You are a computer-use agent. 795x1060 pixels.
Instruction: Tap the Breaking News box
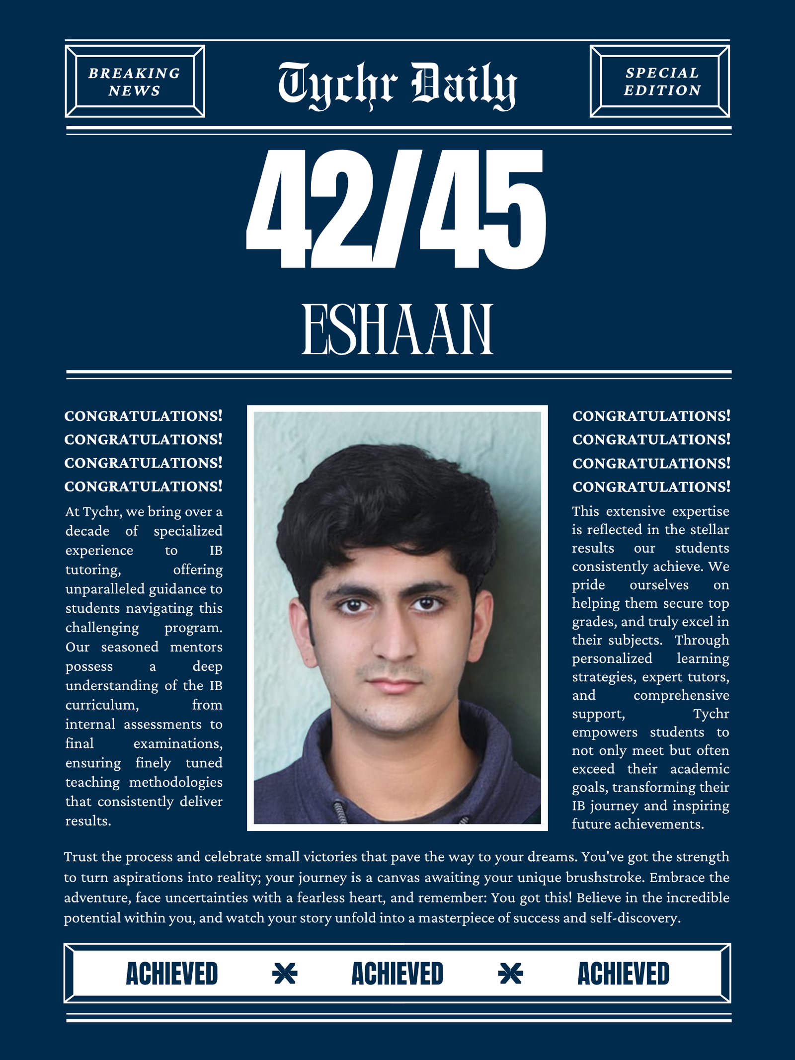coord(135,82)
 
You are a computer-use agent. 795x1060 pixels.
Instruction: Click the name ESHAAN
coord(397,330)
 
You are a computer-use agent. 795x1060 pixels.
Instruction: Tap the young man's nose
coord(394,641)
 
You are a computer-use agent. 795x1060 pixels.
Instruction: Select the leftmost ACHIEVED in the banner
coord(172,974)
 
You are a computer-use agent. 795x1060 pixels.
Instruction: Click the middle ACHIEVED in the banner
coord(397,974)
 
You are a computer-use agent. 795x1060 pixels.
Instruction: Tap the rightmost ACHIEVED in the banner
coord(623,974)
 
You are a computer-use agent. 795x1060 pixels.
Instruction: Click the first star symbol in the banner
coord(285,974)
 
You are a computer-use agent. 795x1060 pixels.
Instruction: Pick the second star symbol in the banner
coord(510,974)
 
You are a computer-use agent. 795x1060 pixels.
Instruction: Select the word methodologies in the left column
coord(175,783)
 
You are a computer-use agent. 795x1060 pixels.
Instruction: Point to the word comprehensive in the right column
coord(681,696)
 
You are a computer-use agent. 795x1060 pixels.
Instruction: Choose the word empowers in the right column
coord(604,733)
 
